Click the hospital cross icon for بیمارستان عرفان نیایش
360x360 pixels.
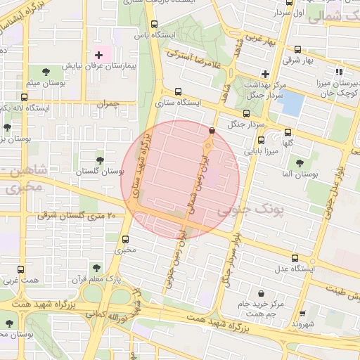(x=98, y=55)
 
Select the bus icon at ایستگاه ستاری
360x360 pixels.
(x=177, y=91)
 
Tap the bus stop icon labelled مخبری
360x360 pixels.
(x=126, y=239)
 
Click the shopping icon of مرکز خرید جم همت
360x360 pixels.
(x=262, y=293)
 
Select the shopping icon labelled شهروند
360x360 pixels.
(x=302, y=314)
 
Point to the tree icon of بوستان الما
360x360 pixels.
(x=300, y=163)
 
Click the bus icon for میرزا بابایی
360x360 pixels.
(x=261, y=140)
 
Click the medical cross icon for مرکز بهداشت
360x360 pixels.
(x=264, y=73)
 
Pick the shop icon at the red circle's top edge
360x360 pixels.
(x=212, y=129)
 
